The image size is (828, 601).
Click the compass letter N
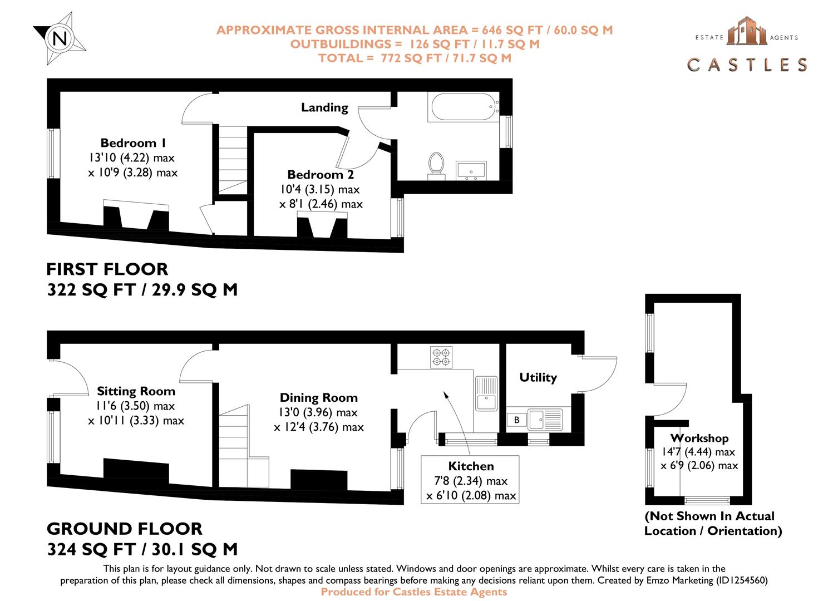(60, 38)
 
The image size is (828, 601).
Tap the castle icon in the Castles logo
(747, 31)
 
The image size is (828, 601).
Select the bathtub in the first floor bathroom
(463, 106)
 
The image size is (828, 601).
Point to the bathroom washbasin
(471, 170)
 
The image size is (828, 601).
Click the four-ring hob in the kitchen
(442, 357)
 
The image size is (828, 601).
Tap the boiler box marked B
(516, 420)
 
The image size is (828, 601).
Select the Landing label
(324, 107)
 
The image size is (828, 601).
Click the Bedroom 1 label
(133, 143)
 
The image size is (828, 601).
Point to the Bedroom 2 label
(321, 175)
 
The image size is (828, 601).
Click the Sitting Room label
(136, 391)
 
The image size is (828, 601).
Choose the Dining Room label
(318, 397)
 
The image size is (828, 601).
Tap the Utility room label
(538, 377)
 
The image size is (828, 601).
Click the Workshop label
(699, 438)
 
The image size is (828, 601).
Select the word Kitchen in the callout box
(471, 466)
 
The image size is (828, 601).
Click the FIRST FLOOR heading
(107, 269)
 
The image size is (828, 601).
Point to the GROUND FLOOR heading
(124, 529)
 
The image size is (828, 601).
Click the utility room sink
(538, 418)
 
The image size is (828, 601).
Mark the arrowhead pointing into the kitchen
(445, 394)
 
